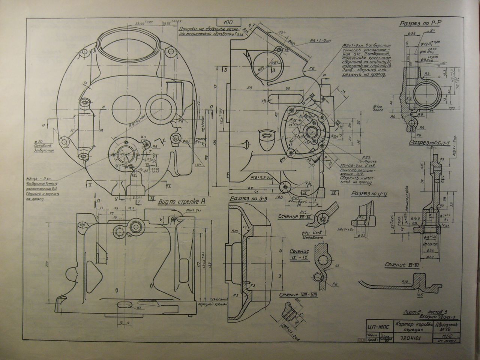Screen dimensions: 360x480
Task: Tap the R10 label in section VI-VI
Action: [x=404, y=281]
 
